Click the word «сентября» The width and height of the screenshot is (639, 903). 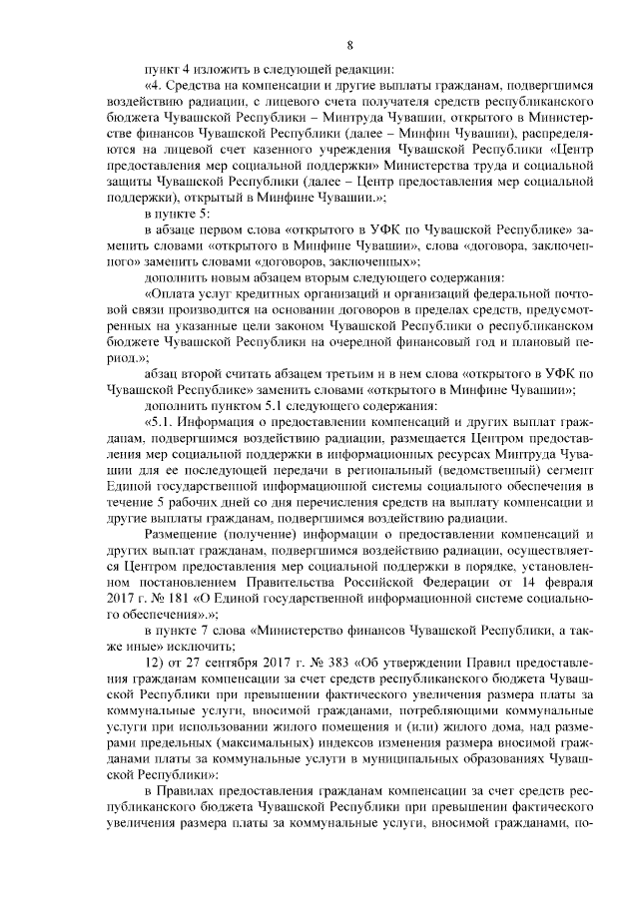[x=220, y=665]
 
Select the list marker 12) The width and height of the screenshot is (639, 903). [x=155, y=665]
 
